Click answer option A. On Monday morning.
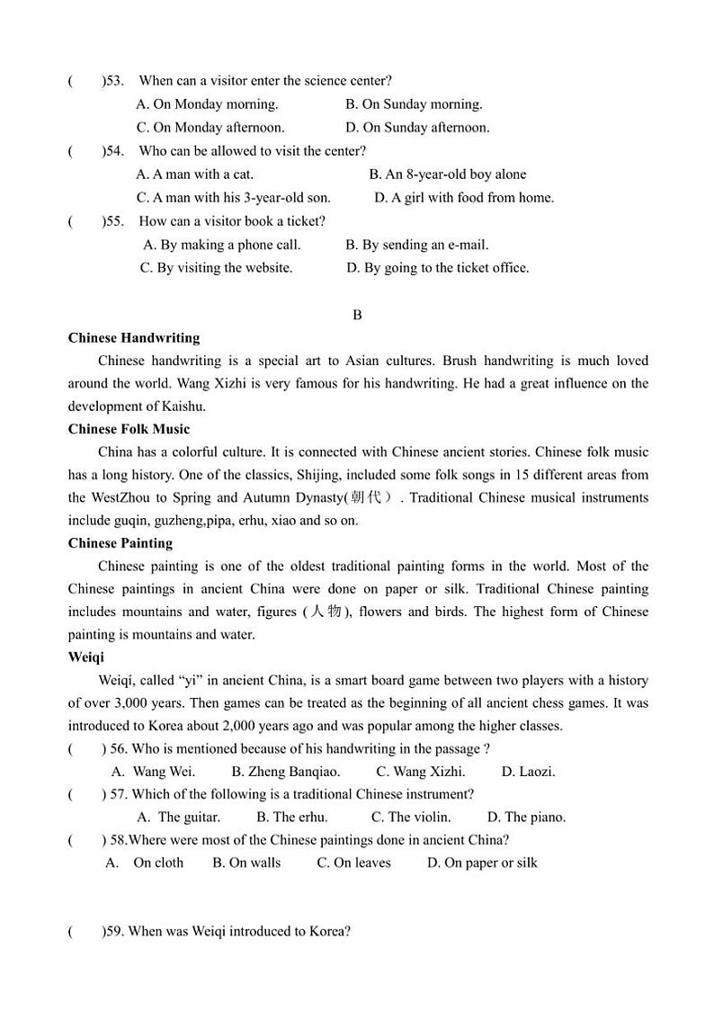coord(207,104)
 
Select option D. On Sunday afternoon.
coord(417,128)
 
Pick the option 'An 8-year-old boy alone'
coord(447,174)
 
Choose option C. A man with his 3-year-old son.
coord(234,198)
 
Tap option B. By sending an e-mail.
coord(416,245)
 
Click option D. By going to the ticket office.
coord(437,268)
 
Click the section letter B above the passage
coord(357,315)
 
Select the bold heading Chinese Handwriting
coord(134,338)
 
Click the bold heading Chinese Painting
coord(120,543)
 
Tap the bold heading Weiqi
coord(86,657)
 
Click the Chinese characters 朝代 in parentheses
coord(367,497)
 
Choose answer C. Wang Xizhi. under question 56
coord(420,772)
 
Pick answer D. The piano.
coord(526,818)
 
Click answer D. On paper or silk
coord(481,863)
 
